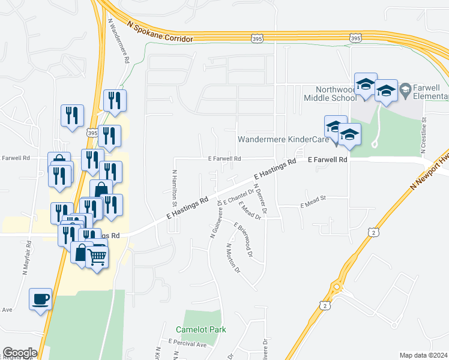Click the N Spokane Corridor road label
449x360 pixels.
pyautogui.click(x=160, y=31)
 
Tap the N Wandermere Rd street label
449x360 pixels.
pyautogui.click(x=119, y=40)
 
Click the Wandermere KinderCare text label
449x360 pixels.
pyautogui.click(x=283, y=139)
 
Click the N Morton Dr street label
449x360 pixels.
pyautogui.click(x=233, y=258)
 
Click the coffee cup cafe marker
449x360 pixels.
pyautogui.click(x=41, y=299)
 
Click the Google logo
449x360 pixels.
pyautogui.click(x=20, y=353)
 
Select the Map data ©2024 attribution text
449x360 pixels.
pyautogui.click(x=424, y=355)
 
